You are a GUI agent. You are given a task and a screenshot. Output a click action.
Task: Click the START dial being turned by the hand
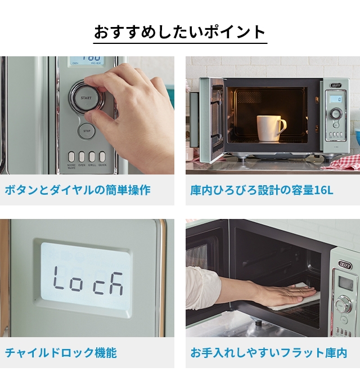85,97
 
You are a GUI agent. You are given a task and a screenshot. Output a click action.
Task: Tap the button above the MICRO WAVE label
71,156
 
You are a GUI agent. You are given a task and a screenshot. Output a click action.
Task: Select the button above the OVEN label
82,156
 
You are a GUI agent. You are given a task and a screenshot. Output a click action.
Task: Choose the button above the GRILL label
92,156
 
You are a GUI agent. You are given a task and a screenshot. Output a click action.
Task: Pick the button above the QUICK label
102,156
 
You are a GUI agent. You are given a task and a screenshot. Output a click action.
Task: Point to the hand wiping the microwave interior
281,292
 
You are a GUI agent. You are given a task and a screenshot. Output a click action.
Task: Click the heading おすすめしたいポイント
180,32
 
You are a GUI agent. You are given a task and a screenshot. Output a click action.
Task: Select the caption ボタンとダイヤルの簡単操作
78,190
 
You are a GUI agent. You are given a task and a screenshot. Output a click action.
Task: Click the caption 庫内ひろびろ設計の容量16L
262,190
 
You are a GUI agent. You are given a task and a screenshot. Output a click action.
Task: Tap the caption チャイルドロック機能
61,353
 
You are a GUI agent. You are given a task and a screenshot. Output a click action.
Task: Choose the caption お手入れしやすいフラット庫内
268,353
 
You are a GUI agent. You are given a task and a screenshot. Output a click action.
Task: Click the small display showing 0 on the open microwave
335,99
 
